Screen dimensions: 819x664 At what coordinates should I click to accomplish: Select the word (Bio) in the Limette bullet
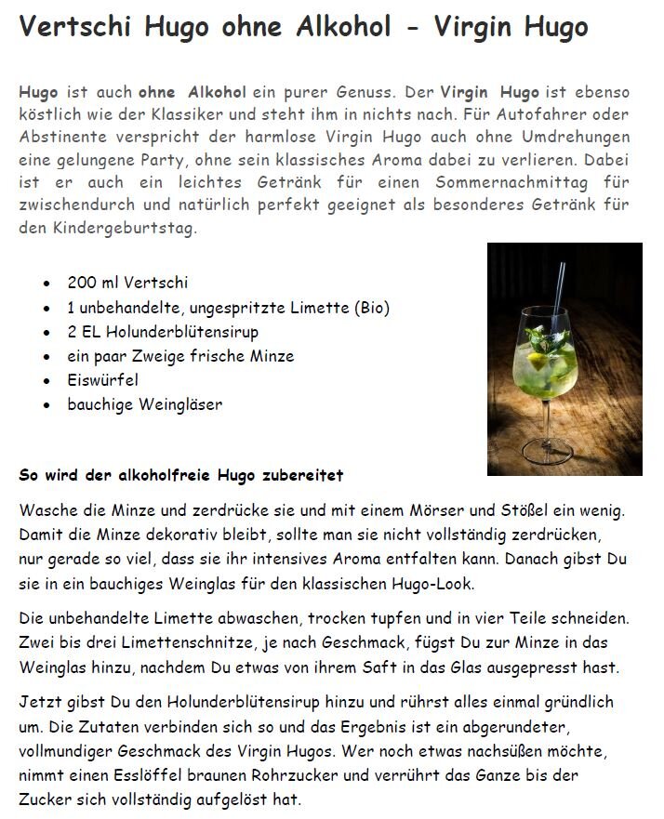pos(370,307)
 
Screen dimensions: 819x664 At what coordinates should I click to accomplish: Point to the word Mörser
pos(475,509)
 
